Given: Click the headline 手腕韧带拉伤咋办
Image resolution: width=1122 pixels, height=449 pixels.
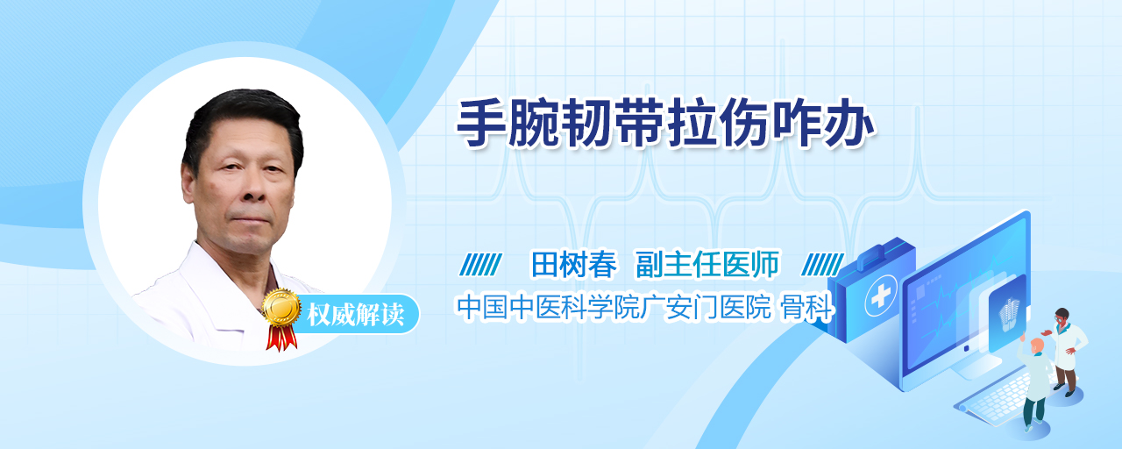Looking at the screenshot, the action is pyautogui.click(x=665, y=124).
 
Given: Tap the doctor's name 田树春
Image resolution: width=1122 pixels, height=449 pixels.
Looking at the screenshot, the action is pyautogui.click(x=573, y=264).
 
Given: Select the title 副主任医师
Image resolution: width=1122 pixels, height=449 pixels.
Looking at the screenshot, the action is pyautogui.click(x=707, y=264).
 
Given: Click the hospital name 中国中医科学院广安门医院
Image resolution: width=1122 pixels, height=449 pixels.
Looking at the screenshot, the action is pyautogui.click(x=614, y=307).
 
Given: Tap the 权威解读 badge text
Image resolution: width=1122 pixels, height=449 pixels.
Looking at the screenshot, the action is pyautogui.click(x=356, y=314).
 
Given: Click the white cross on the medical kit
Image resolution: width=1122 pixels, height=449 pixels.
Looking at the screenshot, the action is pyautogui.click(x=880, y=296).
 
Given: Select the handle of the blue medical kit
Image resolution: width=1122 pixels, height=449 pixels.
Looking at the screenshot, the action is pyautogui.click(x=882, y=251).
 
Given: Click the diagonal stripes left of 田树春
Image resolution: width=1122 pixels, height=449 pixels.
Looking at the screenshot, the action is pyautogui.click(x=481, y=265).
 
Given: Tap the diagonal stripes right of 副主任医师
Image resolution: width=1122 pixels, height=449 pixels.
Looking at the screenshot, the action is pyautogui.click(x=822, y=265).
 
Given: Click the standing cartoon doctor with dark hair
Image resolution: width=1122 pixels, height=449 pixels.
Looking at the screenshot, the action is pyautogui.click(x=1066, y=352).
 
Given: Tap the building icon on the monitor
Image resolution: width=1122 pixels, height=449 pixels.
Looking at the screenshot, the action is pyautogui.click(x=1008, y=314).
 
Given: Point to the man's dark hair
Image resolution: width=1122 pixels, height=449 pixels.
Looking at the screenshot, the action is pyautogui.click(x=243, y=120).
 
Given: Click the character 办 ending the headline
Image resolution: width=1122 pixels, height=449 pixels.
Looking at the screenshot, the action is pyautogui.click(x=849, y=124).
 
